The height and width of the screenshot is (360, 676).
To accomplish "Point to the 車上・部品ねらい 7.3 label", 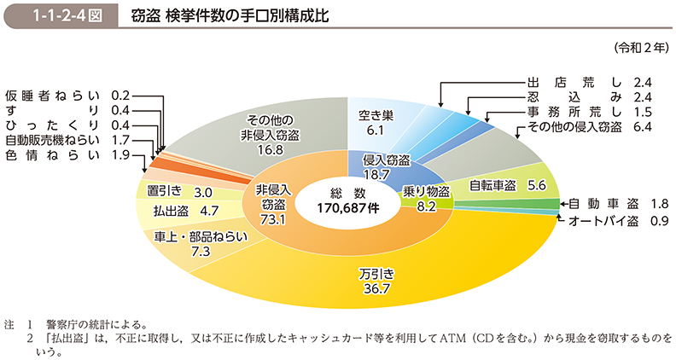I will (195, 242).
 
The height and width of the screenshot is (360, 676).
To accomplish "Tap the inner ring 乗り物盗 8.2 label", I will (427, 198).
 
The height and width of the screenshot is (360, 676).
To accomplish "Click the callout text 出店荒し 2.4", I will (590, 83).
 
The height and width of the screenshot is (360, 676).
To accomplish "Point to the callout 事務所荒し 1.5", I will (590, 112).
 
